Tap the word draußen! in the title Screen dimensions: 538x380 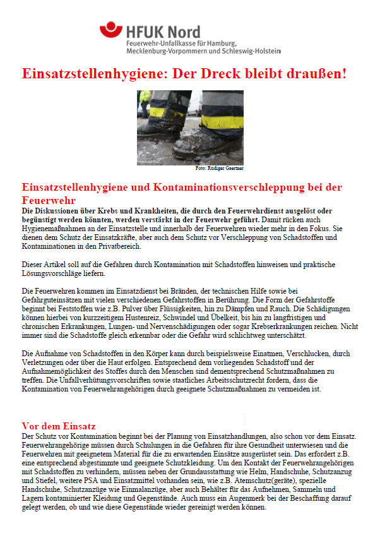pyautogui.click(x=316, y=73)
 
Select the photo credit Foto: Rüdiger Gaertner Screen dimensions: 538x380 pyautogui.click(x=219, y=169)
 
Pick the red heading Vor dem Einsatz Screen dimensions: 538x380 pyautogui.click(x=59, y=426)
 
